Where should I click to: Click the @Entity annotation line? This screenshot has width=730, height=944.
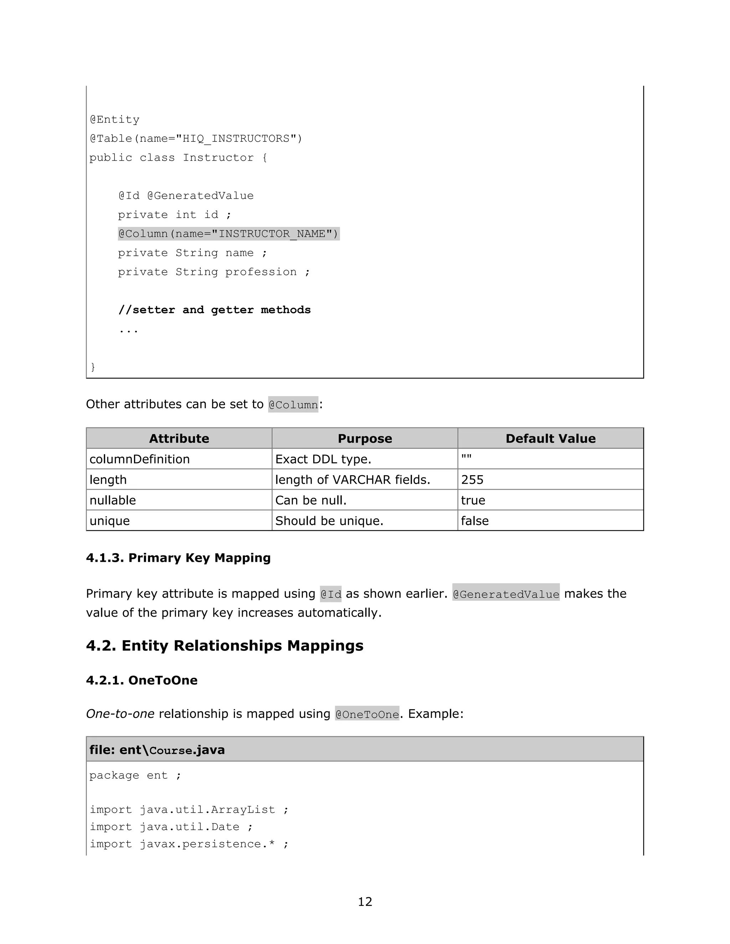[115, 120]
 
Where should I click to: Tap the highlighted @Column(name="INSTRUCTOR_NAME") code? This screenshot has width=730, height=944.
[228, 234]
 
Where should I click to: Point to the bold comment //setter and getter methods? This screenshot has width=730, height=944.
[215, 310]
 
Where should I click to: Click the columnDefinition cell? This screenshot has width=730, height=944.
[140, 459]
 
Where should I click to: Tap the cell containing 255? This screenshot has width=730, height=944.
[472, 480]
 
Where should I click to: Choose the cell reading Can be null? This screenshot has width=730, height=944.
[311, 500]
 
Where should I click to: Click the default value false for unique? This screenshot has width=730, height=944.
[475, 521]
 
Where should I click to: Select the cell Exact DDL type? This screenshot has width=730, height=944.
[323, 459]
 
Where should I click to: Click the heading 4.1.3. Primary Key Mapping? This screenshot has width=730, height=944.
[178, 557]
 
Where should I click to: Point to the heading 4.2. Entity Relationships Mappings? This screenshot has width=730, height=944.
[225, 645]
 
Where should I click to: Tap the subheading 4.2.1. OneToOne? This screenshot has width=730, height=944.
[142, 680]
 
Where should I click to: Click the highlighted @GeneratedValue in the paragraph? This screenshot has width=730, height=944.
[505, 594]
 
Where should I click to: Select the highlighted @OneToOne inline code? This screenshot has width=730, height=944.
[367, 714]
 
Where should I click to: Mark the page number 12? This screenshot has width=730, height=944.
[365, 902]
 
